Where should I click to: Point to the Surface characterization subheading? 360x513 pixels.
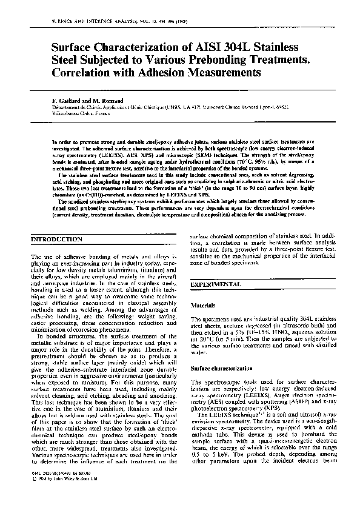coord(222,367)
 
